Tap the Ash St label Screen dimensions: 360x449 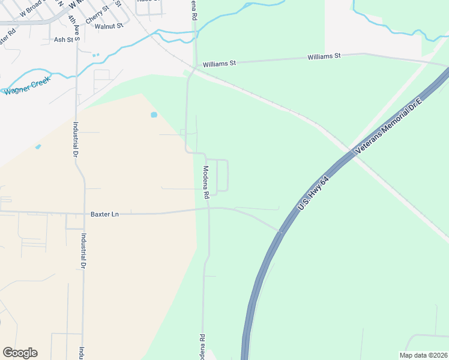63,40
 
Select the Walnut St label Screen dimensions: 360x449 109,26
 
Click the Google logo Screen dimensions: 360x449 20,353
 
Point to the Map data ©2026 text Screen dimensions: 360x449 423,355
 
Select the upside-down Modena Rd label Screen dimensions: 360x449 203,346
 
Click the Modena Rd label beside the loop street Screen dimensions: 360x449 205,182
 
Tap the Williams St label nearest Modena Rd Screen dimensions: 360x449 220,63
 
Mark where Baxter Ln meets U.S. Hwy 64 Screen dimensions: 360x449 280,230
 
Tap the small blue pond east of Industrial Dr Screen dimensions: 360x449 154,114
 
